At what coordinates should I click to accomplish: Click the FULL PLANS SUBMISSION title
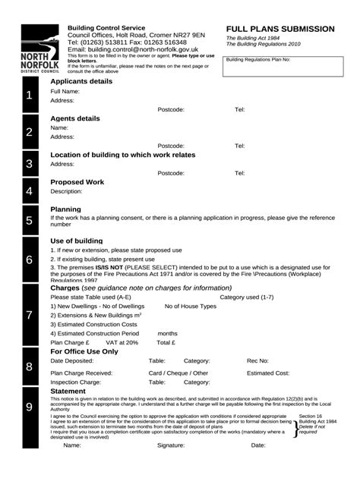(x=279, y=28)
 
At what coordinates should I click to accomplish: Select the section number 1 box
(x=28, y=96)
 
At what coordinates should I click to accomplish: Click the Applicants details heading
(x=81, y=80)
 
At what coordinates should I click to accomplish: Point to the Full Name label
(x=65, y=91)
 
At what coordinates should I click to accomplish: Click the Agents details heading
(x=74, y=118)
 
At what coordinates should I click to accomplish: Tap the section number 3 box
(x=28, y=164)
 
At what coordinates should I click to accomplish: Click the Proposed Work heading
(x=77, y=182)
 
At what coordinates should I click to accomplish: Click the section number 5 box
(x=28, y=221)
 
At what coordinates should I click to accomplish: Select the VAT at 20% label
(x=122, y=342)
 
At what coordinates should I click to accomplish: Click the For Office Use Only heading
(x=84, y=352)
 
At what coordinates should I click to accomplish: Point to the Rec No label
(x=259, y=361)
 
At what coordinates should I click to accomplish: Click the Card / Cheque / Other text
(x=178, y=373)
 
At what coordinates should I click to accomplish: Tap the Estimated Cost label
(x=268, y=373)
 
